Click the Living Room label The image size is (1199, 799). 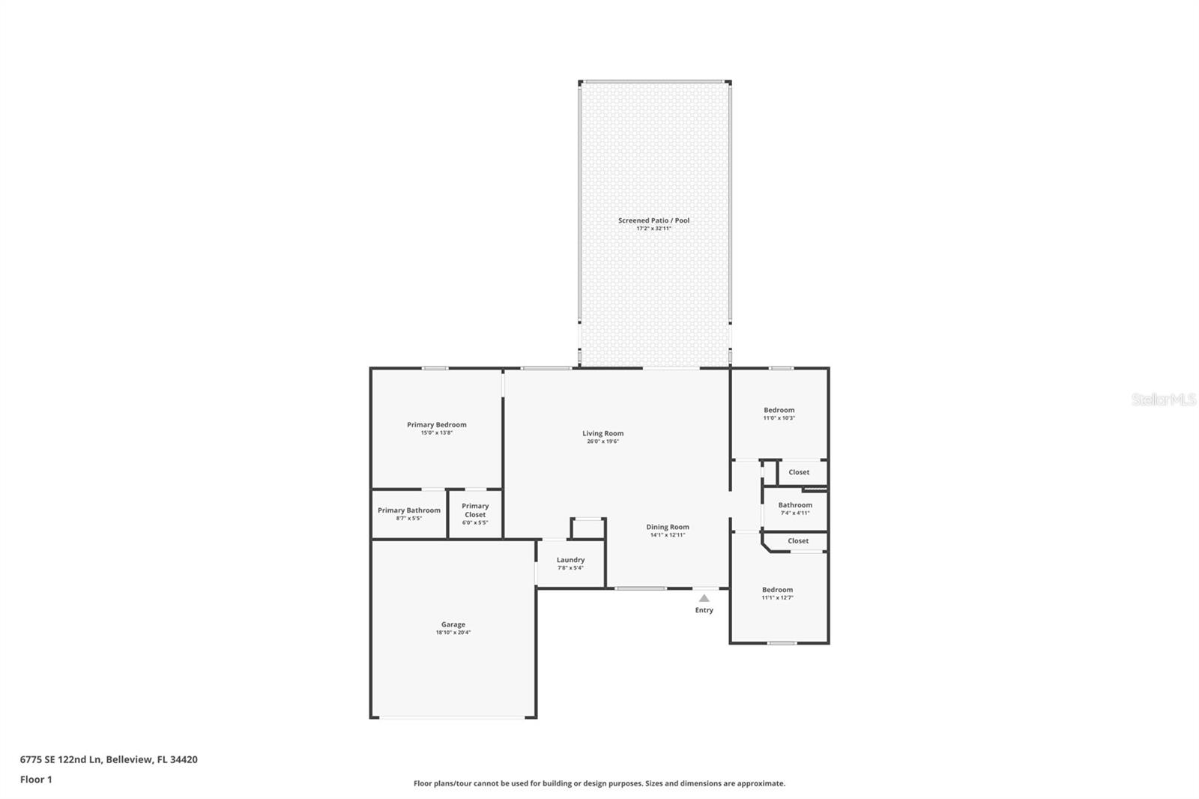tap(602, 433)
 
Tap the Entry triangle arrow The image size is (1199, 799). tap(704, 598)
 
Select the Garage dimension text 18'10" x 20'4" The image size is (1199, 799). tap(453, 633)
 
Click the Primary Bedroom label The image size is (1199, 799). tap(436, 425)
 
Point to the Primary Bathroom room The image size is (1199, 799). tap(409, 513)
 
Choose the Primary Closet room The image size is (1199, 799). tap(475, 513)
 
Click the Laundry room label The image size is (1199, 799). tap(570, 560)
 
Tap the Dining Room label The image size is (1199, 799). tap(667, 527)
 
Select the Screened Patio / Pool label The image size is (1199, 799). tap(653, 220)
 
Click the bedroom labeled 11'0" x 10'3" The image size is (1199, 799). tap(779, 413)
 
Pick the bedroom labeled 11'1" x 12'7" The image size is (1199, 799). tap(777, 593)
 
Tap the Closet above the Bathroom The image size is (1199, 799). tap(799, 472)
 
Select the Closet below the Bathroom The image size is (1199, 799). tap(798, 540)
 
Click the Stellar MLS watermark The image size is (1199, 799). tap(1163, 399)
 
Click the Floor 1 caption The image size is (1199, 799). tap(36, 780)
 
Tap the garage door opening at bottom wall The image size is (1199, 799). tap(453, 718)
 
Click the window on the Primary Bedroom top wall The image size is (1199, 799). tap(435, 368)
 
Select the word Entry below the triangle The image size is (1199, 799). tap(704, 610)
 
